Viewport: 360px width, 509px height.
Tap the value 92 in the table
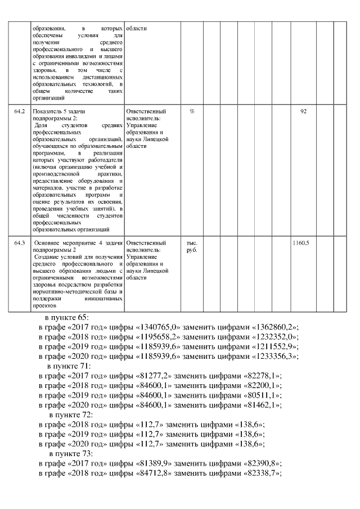304,111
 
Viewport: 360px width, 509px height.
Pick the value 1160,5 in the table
301,243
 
